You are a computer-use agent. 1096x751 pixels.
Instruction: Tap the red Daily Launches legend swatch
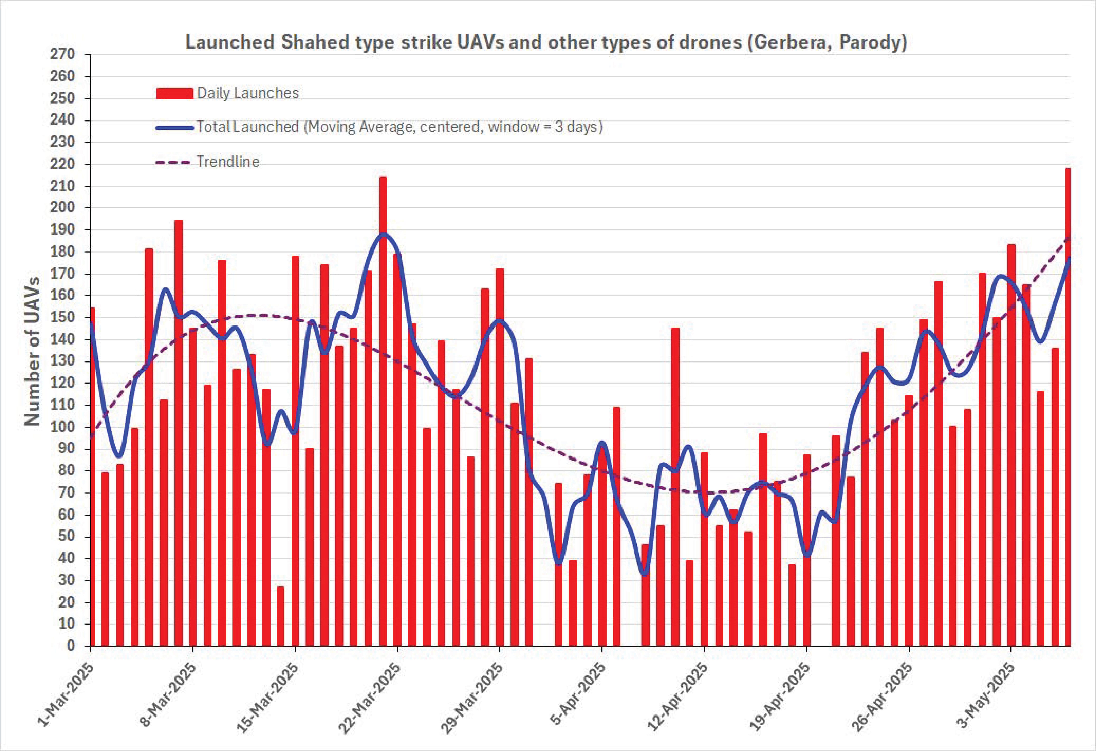point(175,93)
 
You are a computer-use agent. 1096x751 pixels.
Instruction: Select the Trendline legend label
point(228,162)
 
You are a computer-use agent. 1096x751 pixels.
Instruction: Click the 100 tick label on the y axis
point(63,427)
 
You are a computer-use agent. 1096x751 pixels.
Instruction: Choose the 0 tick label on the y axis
point(71,646)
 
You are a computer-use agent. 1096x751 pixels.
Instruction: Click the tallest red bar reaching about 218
point(1067,407)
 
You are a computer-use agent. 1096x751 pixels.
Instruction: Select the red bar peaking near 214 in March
point(383,411)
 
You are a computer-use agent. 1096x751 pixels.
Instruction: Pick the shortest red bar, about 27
point(281,616)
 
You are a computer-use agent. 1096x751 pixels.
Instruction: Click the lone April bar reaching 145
point(675,486)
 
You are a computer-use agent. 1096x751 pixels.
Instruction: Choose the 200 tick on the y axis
point(63,208)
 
